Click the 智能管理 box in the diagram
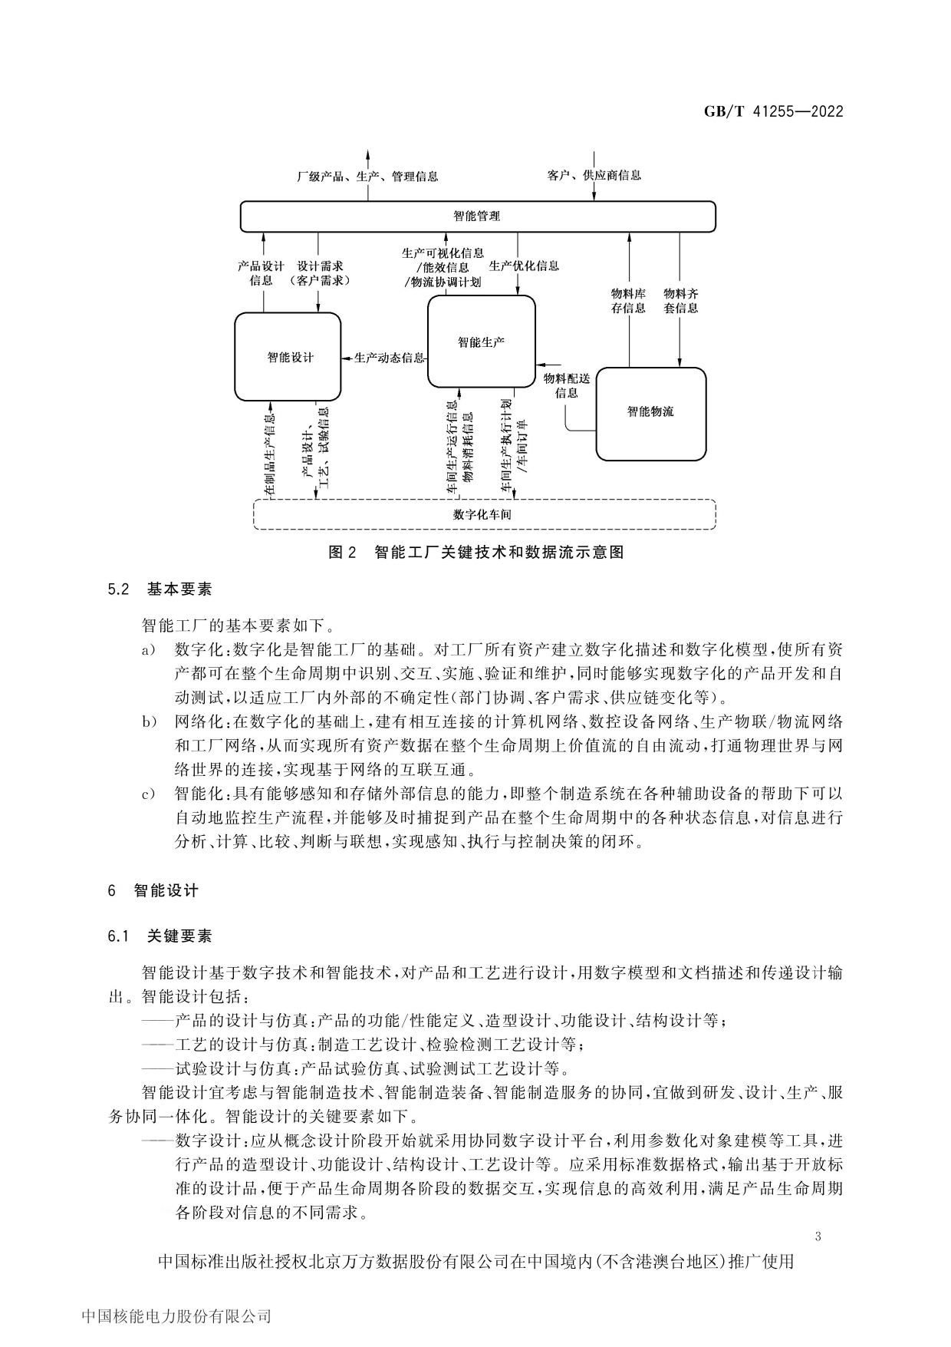477,216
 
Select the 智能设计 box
288,357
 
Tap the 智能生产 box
481,342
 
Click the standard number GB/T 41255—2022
773,111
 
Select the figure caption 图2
475,552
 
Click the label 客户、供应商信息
594,175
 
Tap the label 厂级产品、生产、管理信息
367,176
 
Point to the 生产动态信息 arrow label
389,358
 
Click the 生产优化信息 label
525,266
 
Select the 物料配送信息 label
567,385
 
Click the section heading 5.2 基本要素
160,589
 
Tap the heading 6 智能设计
153,890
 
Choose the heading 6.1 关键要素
160,936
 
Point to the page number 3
818,1236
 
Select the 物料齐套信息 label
681,301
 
